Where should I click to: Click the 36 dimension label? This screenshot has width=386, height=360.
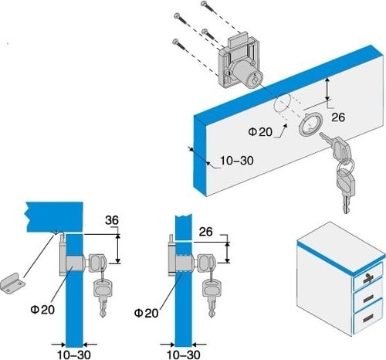(112, 220)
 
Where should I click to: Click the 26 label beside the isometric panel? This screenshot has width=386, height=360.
(338, 117)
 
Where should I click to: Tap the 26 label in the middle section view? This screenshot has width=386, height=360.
(206, 232)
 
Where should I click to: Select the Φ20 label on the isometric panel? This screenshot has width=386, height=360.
(260, 132)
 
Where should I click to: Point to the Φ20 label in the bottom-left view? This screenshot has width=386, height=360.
(42, 309)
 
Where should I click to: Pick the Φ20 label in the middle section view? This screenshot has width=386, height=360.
(146, 313)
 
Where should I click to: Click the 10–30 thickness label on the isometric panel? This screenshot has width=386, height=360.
(237, 161)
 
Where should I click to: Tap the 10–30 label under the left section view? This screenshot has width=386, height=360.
(74, 355)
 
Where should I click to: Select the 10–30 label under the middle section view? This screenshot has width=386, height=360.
(184, 355)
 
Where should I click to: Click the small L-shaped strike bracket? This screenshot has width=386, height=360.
(12, 284)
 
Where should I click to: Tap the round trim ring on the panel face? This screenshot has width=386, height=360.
(310, 124)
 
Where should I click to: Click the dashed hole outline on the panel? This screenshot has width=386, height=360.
(282, 107)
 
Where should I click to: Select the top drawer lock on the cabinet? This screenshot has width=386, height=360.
(369, 278)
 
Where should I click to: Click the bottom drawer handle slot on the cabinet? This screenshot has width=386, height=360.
(368, 318)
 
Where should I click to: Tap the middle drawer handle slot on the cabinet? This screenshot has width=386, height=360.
(368, 299)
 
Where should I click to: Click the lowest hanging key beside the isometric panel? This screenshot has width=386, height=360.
(346, 191)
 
